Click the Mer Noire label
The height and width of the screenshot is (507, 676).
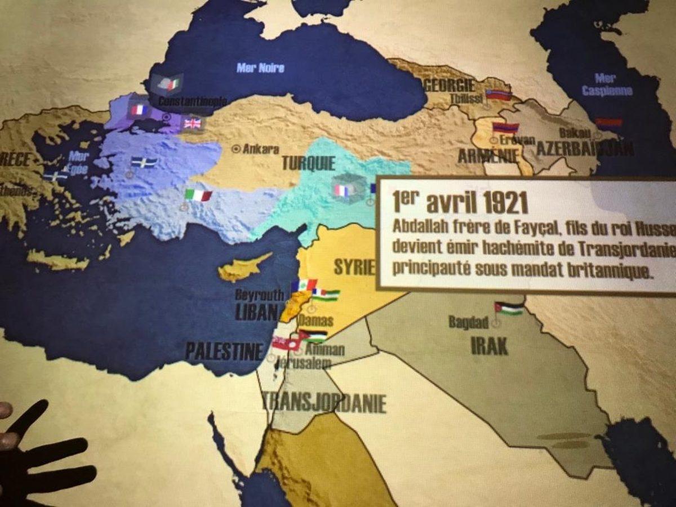260,68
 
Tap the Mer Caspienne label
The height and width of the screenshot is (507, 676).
607,84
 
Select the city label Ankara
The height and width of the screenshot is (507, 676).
260,149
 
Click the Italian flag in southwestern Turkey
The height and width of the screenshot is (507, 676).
198,195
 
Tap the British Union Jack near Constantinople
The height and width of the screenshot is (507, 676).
192,123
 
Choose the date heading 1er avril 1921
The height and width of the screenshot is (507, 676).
461,201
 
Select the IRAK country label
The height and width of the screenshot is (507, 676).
490,345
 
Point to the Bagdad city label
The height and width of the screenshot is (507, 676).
468,322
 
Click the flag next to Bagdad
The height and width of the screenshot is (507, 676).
509,309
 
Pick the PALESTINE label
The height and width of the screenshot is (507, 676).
224,352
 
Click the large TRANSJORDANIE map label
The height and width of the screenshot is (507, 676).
324,403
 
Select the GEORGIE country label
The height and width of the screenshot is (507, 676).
450,86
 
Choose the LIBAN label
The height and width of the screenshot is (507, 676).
257,312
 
